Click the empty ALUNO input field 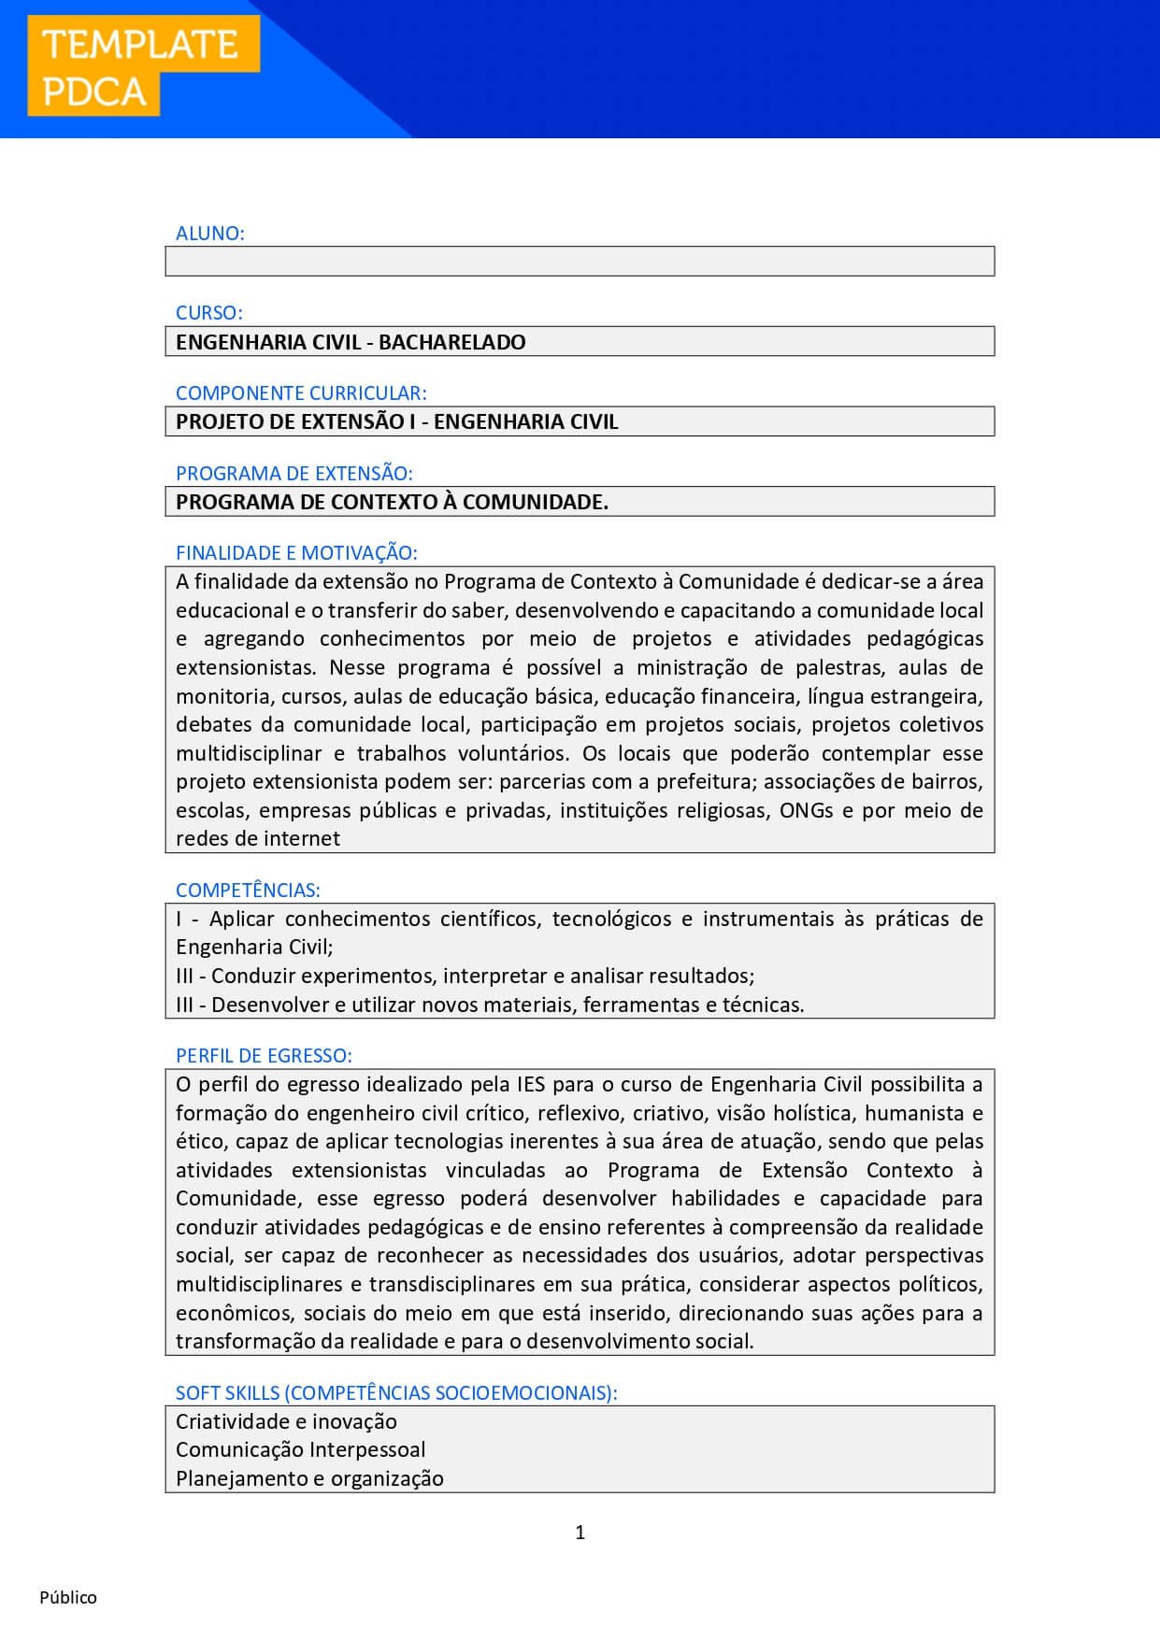(x=580, y=262)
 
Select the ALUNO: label (x=210, y=234)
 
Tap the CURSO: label (x=209, y=313)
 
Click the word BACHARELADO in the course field (x=452, y=342)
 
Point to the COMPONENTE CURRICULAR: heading (x=301, y=393)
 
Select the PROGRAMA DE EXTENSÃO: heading (x=294, y=474)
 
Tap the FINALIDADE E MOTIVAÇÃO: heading (x=296, y=553)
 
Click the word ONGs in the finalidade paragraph (x=807, y=810)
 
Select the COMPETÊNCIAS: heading (x=248, y=891)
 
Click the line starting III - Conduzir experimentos (x=465, y=977)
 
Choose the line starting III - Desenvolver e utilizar (x=490, y=1005)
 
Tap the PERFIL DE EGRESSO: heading (x=264, y=1056)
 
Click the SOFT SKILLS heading (x=396, y=1393)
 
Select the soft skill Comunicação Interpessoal (x=301, y=1450)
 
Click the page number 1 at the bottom (x=580, y=1533)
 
